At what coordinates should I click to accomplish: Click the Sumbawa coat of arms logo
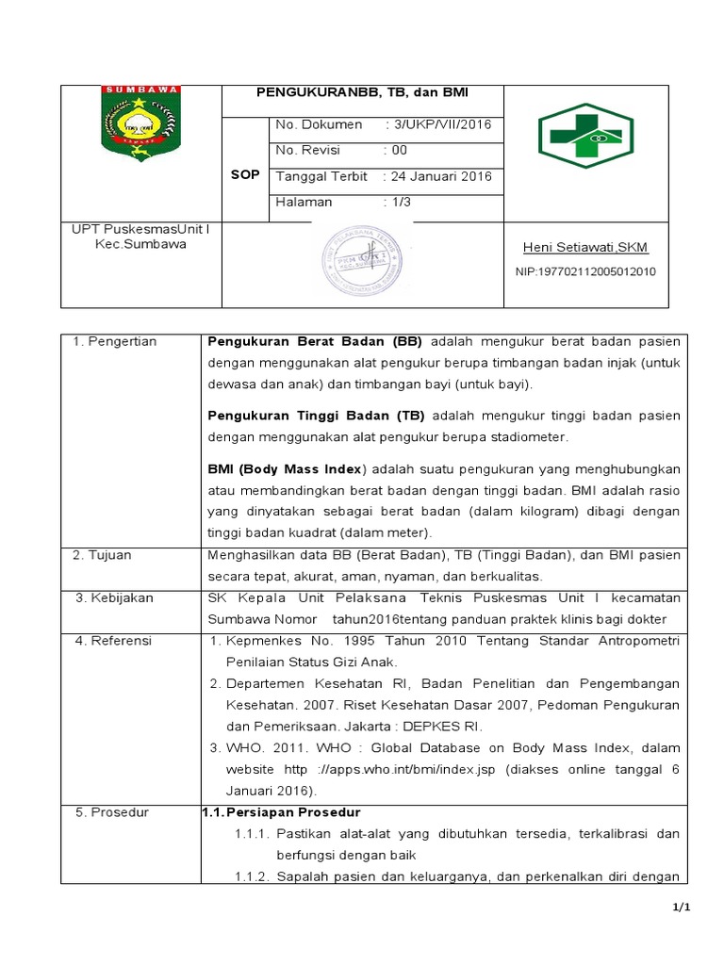(140, 123)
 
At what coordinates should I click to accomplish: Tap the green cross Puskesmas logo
(585, 136)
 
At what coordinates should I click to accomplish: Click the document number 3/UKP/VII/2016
(441, 124)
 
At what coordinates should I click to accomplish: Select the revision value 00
(400, 150)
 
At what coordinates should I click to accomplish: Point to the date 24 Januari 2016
(441, 176)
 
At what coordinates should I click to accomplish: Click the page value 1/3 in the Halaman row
(402, 202)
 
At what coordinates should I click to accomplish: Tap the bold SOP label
(245, 175)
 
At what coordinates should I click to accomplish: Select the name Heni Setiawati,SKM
(585, 248)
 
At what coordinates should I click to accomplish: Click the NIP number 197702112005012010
(585, 271)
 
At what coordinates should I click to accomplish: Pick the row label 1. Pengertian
(115, 341)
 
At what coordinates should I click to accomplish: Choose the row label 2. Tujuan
(103, 555)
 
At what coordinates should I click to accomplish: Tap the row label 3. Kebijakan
(113, 597)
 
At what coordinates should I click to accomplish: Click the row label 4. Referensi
(112, 641)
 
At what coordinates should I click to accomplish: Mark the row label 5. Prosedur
(110, 812)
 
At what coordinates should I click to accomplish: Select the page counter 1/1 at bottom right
(683, 908)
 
